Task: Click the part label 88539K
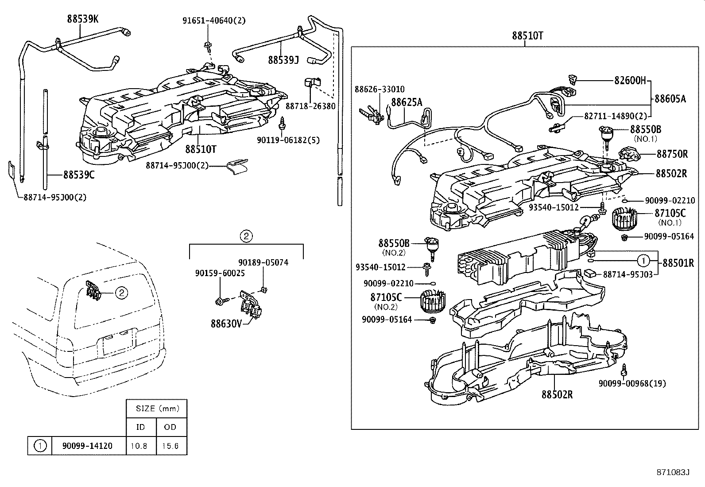pyautogui.click(x=83, y=19)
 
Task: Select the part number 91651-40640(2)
pyautogui.click(x=214, y=20)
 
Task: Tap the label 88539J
pyautogui.click(x=283, y=59)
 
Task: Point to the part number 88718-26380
pyautogui.click(x=310, y=106)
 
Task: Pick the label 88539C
pyautogui.click(x=79, y=175)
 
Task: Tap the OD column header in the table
pyautogui.click(x=170, y=427)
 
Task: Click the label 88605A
pyautogui.click(x=670, y=99)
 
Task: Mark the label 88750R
pyautogui.click(x=672, y=154)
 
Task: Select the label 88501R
pyautogui.click(x=678, y=263)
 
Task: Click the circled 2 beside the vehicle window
pyautogui.click(x=122, y=292)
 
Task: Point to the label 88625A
pyautogui.click(x=406, y=103)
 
